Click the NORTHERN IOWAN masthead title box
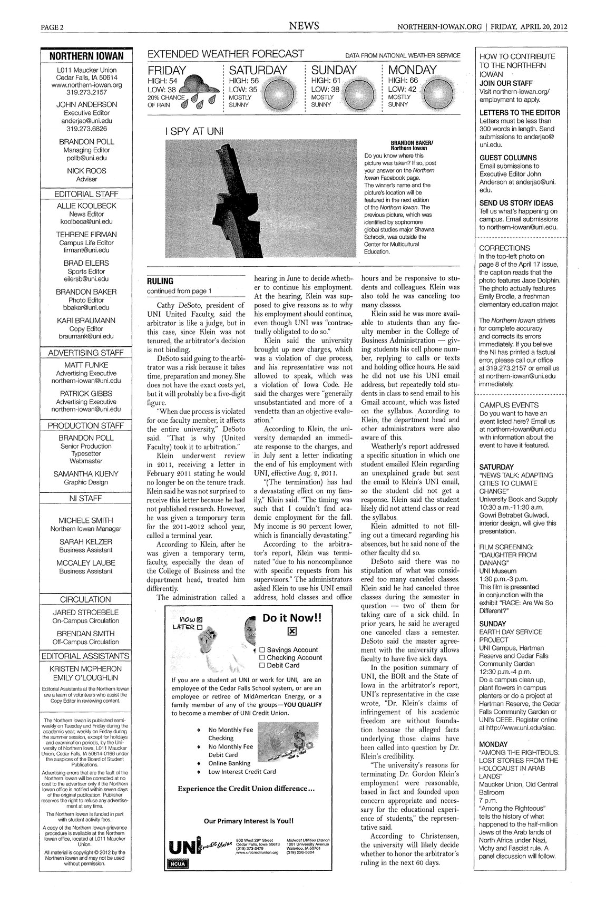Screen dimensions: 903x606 [86, 56]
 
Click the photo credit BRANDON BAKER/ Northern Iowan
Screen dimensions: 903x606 [408, 145]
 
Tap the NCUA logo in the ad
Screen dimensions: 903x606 [177, 863]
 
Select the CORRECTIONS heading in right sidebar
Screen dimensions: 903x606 [504, 248]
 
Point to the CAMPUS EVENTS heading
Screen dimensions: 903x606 [509, 405]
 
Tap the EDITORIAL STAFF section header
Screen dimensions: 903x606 [86, 194]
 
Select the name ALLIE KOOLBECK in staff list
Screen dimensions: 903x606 [86, 206]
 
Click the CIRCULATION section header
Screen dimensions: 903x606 [86, 599]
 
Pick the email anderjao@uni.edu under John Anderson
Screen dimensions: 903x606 [86, 120]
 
